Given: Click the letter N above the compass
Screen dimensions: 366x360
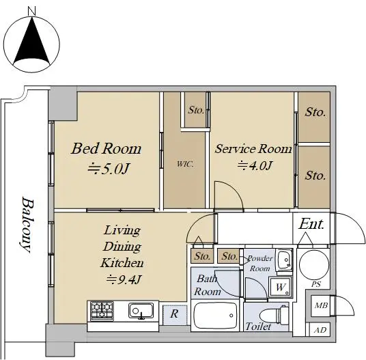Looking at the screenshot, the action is click(31, 11).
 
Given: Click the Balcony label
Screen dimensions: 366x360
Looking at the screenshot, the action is click(26, 225).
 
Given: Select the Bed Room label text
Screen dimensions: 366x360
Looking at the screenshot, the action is click(107, 148).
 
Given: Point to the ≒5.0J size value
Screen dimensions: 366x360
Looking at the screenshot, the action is click(108, 169).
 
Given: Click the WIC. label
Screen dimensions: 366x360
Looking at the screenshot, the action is click(185, 164).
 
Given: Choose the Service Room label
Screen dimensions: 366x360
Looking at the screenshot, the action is click(253, 149).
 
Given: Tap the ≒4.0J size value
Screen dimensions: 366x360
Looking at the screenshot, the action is click(255, 166).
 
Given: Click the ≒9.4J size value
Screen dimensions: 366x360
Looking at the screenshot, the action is click(124, 279).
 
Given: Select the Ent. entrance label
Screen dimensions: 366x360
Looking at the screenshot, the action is click(311, 224).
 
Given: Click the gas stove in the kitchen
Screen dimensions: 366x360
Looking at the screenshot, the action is click(102, 311).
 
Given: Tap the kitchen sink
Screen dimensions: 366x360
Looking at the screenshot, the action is click(141, 311).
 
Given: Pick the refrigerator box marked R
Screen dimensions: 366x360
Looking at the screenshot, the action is click(175, 314).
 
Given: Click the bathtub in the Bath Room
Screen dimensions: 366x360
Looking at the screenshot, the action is click(215, 316).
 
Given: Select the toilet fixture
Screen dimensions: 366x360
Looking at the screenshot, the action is click(274, 316).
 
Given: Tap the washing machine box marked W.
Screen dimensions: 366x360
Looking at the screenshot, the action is click(281, 287).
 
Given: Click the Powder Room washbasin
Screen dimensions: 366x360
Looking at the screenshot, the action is click(284, 260).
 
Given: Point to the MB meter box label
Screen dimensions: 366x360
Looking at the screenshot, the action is click(321, 305).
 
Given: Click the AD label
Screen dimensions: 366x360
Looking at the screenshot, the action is click(320, 330).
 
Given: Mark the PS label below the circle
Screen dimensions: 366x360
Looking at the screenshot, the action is click(316, 284).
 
